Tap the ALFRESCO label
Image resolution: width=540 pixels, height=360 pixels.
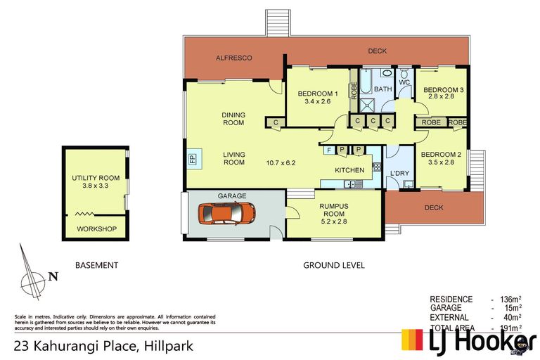click(x=233, y=58)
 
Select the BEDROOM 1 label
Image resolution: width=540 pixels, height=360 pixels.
click(x=317, y=94)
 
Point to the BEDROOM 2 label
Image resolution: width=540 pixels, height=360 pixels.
click(x=441, y=155)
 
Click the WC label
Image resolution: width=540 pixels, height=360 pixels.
click(x=404, y=83)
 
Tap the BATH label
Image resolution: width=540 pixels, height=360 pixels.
click(x=382, y=89)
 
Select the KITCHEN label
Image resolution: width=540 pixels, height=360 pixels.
click(x=349, y=170)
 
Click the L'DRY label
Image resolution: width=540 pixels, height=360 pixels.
click(x=399, y=172)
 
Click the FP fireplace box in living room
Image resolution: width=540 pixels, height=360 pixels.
click(x=192, y=157)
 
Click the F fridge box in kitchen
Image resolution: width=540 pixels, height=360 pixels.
click(x=328, y=150)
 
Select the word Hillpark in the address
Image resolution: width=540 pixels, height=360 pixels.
click(x=168, y=346)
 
